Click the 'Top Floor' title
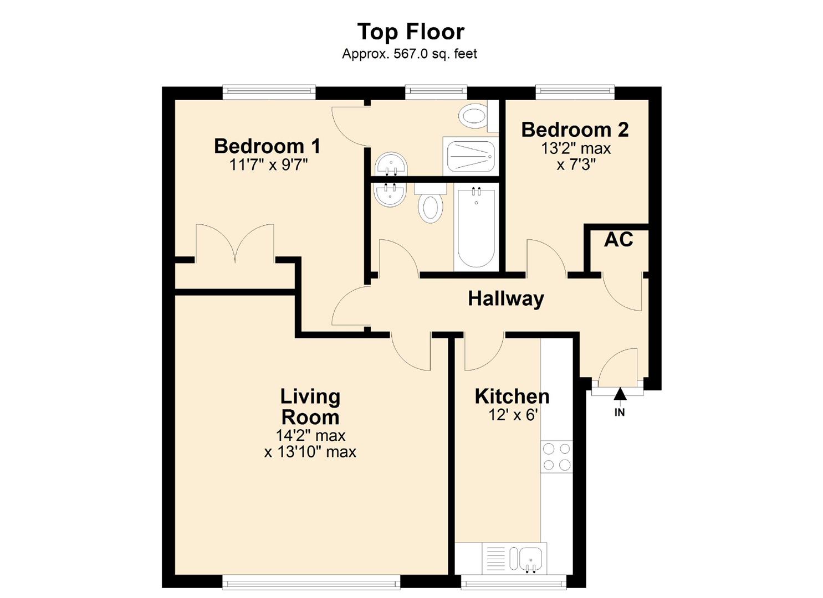click(x=411, y=32)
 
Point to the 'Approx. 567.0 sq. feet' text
click(x=410, y=54)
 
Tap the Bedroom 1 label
click(x=267, y=146)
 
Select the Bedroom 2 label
click(x=575, y=130)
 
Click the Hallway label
click(x=506, y=298)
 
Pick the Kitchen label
click(x=512, y=396)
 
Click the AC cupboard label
click(x=618, y=239)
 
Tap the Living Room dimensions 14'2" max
click(x=310, y=435)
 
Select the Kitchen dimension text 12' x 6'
click(x=513, y=415)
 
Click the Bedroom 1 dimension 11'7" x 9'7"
click(x=268, y=164)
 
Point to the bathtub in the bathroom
click(x=476, y=228)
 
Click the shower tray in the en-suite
click(x=471, y=156)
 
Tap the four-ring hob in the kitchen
click(x=556, y=456)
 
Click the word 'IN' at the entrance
click(x=620, y=413)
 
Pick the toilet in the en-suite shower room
click(x=474, y=116)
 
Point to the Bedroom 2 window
click(x=575, y=92)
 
